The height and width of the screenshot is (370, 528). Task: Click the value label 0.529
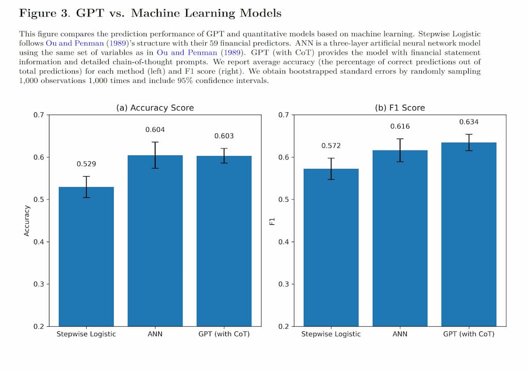86,164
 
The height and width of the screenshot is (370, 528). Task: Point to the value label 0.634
469,122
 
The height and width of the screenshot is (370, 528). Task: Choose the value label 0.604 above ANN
155,129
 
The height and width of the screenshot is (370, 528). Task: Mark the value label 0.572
331,146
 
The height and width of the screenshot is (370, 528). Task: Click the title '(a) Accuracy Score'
155,108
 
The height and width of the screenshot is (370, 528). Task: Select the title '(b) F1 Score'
400,108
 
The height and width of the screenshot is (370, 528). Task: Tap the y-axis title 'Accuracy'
27,221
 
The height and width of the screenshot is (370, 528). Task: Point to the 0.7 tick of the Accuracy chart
39,114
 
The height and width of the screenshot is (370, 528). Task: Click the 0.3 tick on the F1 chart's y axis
283,284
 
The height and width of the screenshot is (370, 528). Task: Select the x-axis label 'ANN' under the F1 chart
400,334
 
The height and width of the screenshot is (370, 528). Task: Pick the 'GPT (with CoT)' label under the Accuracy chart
224,334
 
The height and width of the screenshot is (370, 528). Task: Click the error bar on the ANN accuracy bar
155,155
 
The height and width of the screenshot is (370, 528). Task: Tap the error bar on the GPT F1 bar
469,142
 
